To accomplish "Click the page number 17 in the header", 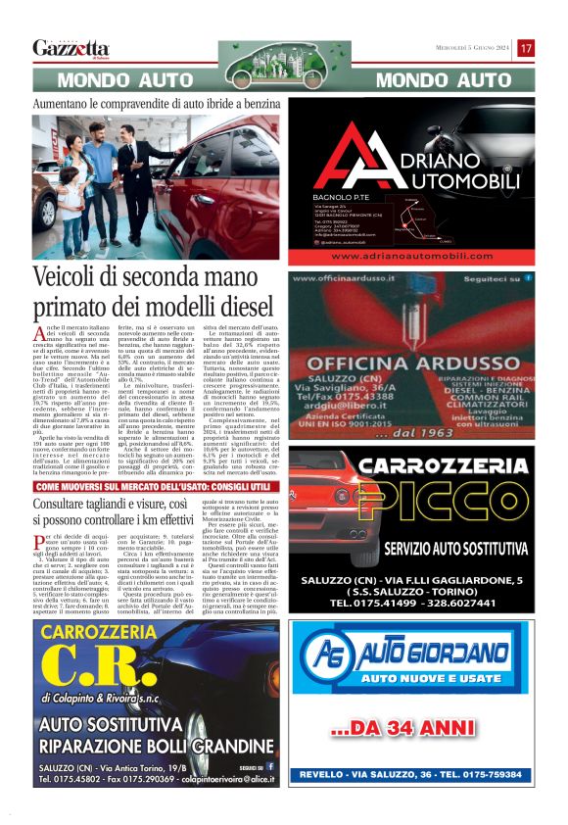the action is point(526,48).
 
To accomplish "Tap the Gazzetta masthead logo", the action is point(71,48).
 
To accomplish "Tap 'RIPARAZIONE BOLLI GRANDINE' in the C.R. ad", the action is point(163,744).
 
